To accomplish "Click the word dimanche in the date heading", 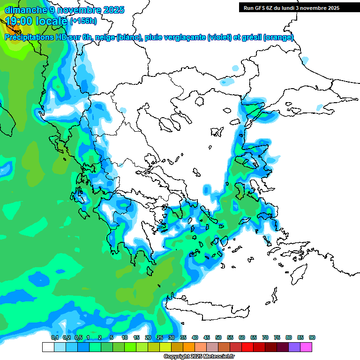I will point(23,10).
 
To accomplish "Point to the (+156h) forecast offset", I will point(83,21).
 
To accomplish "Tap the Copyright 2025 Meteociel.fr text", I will point(199,357).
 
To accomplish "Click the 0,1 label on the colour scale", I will point(54,337).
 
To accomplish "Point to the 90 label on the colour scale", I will point(312,337).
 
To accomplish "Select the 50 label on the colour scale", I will point(218,337).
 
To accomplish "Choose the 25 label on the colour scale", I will point(160,337).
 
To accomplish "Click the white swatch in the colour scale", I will point(48,347).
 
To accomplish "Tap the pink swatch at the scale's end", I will point(306,347).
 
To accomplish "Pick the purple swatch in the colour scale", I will point(294,347).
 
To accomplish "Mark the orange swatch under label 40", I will point(189,347).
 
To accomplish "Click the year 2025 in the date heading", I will point(114,10).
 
